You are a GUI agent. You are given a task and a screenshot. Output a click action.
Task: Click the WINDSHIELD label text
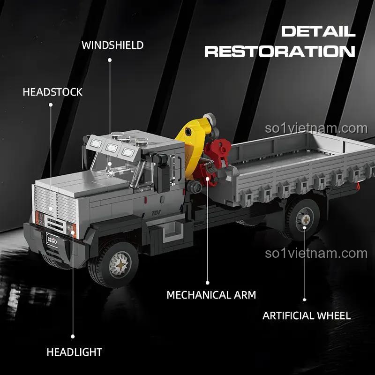pos(112,45)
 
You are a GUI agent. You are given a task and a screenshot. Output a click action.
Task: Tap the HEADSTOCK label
pos(52,92)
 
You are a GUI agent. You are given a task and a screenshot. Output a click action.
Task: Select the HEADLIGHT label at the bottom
pos(74,352)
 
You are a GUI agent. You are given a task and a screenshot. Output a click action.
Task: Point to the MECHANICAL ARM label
pos(211,295)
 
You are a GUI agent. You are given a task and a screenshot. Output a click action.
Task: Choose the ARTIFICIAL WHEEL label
pos(306,315)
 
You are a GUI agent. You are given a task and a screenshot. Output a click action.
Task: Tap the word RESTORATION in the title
pos(280,51)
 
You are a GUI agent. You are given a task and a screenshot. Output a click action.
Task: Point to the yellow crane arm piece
pos(193,141)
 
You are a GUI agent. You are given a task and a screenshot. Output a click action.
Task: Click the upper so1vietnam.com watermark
pos(316,128)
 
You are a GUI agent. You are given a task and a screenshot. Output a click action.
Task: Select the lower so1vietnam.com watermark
pos(316,254)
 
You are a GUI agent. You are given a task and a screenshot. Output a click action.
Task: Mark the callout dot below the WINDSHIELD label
pos(110,60)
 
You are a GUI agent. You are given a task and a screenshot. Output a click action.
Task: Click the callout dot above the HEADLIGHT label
pos(73,336)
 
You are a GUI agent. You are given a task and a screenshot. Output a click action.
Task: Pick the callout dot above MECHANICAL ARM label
pos(208,283)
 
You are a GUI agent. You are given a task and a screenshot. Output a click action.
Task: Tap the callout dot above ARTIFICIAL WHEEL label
pos(304,299)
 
